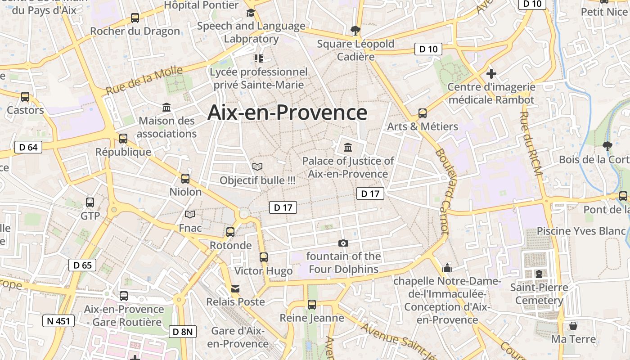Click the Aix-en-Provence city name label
point(287,112)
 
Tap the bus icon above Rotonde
point(230,232)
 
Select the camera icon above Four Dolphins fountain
point(343,243)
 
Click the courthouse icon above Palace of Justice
point(348,147)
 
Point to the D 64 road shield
point(28,147)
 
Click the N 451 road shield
point(58,321)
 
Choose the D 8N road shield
point(183,332)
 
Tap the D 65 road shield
point(82,265)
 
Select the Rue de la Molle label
point(144,81)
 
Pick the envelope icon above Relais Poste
point(235,288)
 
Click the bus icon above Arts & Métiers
point(423,113)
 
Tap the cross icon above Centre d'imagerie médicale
point(491,73)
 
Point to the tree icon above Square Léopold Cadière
point(355,31)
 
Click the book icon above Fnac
point(190,214)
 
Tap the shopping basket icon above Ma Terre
point(573,325)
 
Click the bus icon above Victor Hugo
point(264,257)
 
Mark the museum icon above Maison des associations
point(166,107)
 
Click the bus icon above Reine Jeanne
point(312,304)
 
